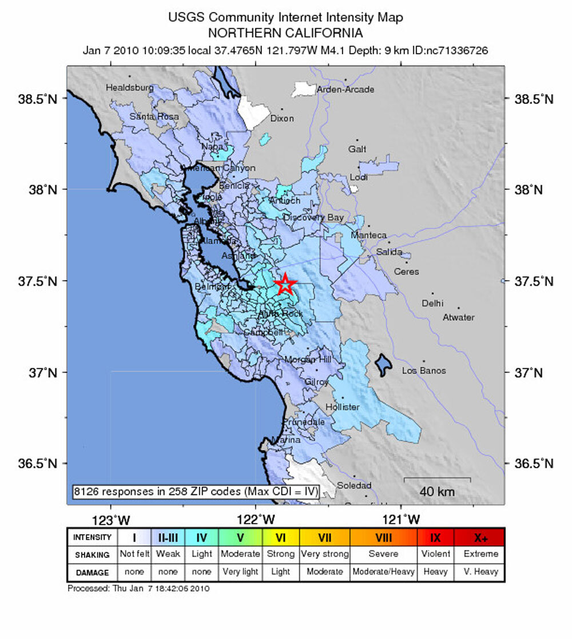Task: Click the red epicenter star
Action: point(285,284)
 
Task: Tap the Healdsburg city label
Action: point(129,88)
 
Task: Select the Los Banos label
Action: point(424,371)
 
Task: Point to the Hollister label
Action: point(342,407)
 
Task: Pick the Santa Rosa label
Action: point(154,117)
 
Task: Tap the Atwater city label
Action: point(458,317)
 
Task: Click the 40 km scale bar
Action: point(437,479)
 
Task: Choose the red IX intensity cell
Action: point(435,537)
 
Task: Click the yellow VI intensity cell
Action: point(280,537)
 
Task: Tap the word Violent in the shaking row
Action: point(435,554)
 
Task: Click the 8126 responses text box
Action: point(195,491)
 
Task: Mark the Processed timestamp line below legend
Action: point(138,588)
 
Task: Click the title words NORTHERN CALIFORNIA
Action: point(285,33)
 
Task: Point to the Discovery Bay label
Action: point(313,218)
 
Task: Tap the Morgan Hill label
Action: point(307,359)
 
